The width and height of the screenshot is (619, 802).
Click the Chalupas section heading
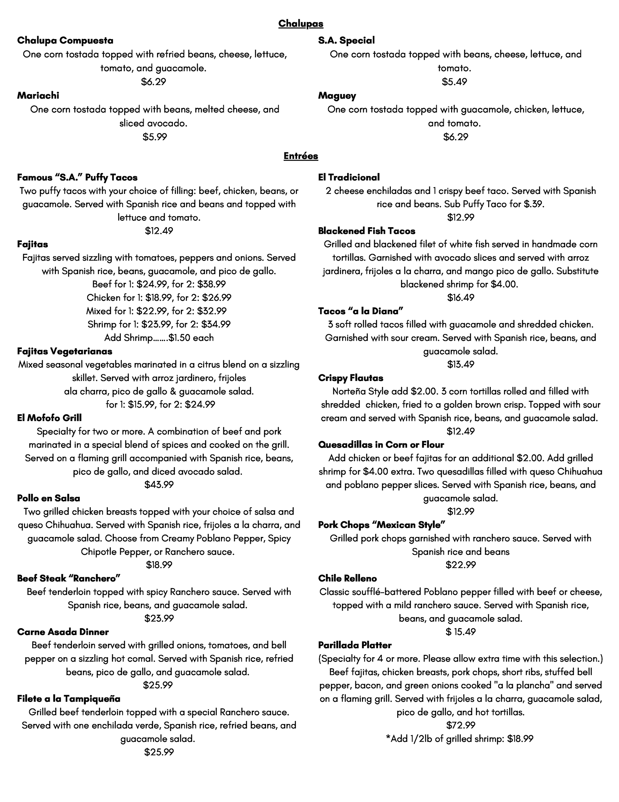[301, 24]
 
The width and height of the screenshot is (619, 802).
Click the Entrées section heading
[301, 156]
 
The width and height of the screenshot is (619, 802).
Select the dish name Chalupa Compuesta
[65, 41]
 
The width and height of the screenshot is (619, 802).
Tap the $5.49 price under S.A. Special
[454, 82]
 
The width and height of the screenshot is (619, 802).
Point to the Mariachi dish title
[38, 96]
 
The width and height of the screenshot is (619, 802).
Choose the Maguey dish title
[337, 96]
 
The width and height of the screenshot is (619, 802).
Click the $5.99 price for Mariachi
[155, 137]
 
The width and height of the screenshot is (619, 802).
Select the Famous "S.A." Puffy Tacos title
[77, 178]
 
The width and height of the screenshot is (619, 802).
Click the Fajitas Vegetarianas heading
[65, 351]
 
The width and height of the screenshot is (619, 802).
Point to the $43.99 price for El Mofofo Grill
[159, 485]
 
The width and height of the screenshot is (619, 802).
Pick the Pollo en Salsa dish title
[49, 499]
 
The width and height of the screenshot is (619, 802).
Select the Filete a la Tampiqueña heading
[69, 699]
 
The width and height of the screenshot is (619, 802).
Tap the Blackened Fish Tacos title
[367, 231]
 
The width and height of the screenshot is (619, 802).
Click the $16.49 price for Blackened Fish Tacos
[461, 298]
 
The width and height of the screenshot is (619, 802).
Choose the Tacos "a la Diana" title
[361, 311]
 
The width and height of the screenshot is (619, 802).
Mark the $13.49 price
[461, 365]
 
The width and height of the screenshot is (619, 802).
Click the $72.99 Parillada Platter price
[461, 725]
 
